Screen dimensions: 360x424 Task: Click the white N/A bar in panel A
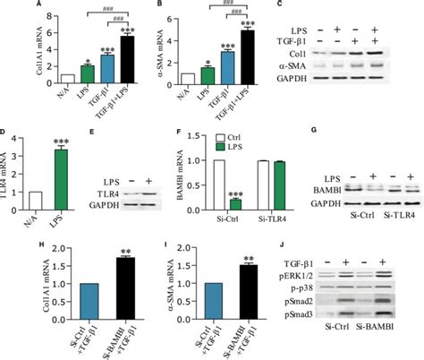[x=41, y=79]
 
